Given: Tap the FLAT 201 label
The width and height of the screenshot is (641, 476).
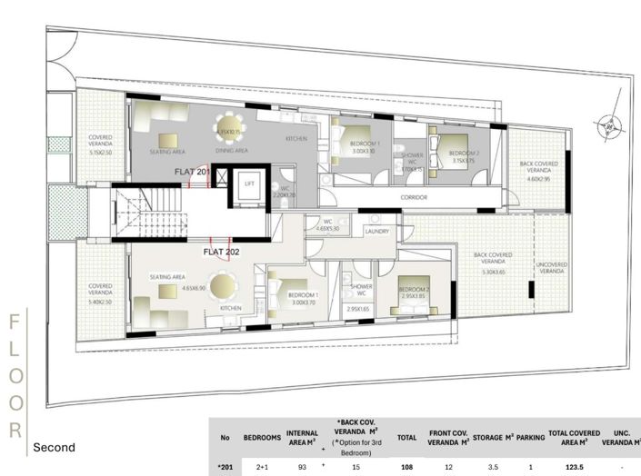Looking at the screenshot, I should click(193, 171).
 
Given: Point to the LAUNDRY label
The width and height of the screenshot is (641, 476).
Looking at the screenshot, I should click(376, 232).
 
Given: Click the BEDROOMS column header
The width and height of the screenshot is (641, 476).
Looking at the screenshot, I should click(262, 437).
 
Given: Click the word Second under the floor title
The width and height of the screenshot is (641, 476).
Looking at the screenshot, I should click(54, 448).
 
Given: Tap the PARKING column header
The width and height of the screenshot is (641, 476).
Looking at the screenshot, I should click(529, 437).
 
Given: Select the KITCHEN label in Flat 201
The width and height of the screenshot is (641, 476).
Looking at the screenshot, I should click(297, 138).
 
